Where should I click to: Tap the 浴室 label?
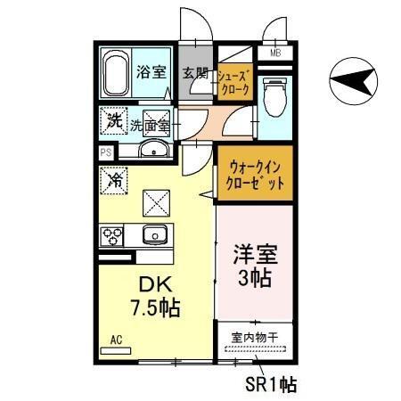click(x=151, y=73)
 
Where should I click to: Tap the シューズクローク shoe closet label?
click(x=236, y=83)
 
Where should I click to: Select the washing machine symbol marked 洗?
click(x=114, y=122)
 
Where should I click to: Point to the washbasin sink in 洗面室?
click(x=155, y=149)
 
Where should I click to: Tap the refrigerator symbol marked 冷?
click(x=115, y=181)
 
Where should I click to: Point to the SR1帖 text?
click(x=271, y=384)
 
